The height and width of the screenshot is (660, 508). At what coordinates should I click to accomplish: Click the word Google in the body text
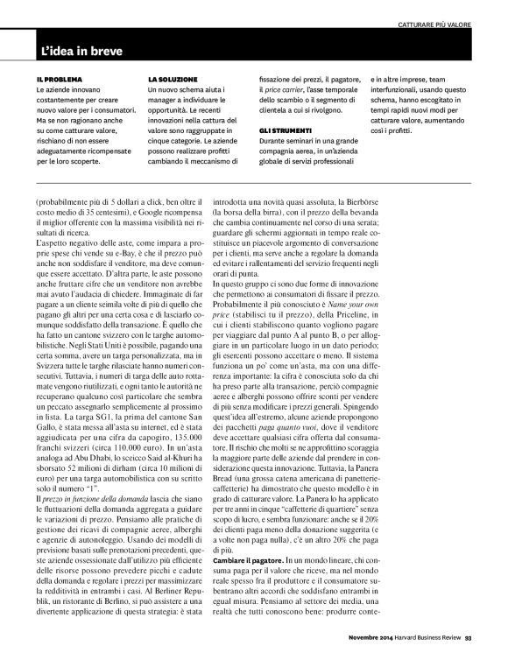[x=150, y=212]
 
